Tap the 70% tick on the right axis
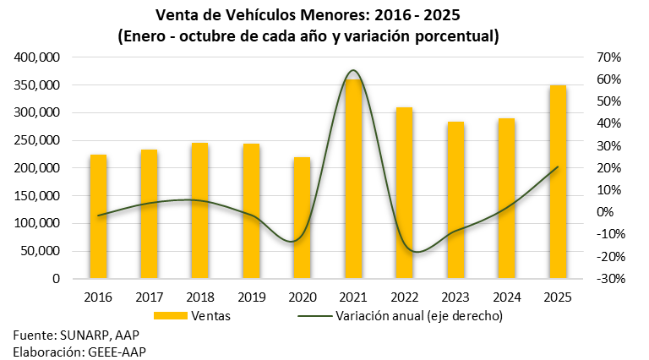click(608, 57)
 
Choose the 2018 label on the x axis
click(200, 297)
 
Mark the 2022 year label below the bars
click(404, 297)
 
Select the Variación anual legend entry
click(419, 317)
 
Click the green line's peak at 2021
click(352, 70)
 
